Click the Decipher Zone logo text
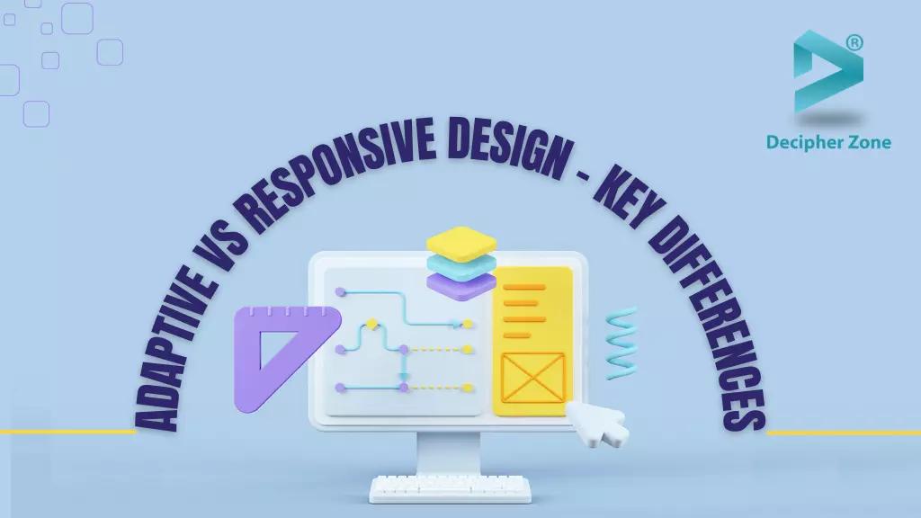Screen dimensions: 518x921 point(828,141)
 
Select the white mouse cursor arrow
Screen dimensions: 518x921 point(598,422)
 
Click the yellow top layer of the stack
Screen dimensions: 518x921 point(461,241)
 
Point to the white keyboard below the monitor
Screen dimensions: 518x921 point(450,489)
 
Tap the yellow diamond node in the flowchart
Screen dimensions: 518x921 point(370,323)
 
